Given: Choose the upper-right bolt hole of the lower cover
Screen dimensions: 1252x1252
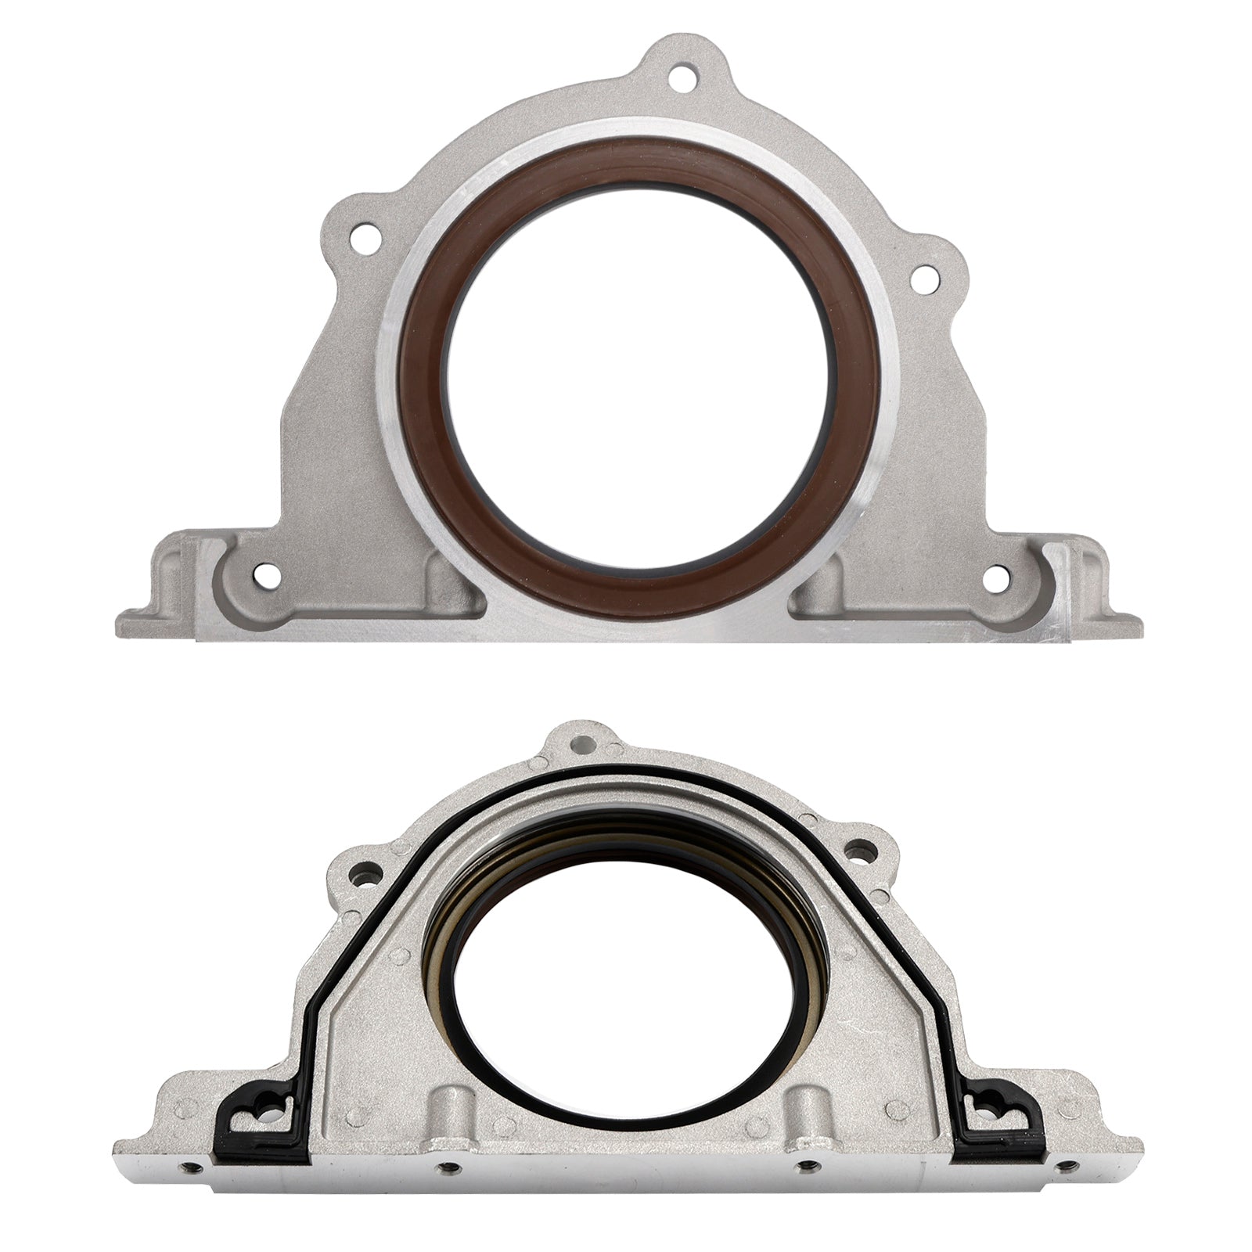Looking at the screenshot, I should click(x=862, y=868).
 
